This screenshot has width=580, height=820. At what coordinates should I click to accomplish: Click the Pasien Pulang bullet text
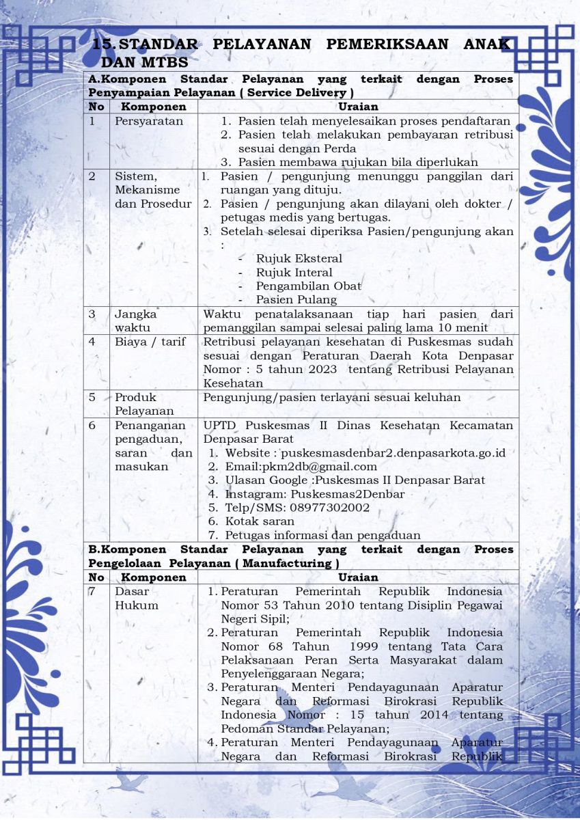tap(296, 300)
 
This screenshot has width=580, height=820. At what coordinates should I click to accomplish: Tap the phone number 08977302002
tap(331, 508)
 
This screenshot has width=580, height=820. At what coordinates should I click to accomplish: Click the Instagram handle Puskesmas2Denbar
tap(347, 494)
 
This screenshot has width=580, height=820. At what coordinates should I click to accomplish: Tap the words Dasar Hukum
tap(137, 599)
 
